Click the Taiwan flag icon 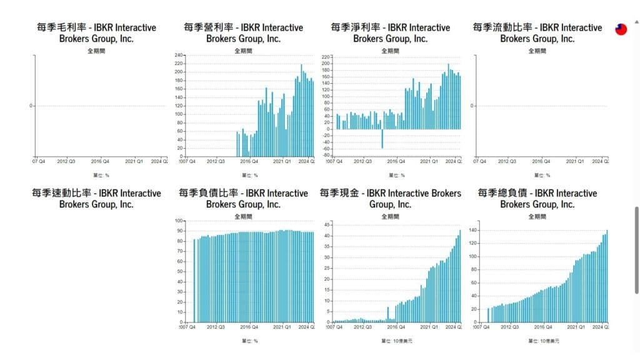coord(621,29)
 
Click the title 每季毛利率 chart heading coord(96,32)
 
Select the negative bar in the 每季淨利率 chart coord(382,139)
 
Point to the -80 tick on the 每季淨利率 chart coord(325,157)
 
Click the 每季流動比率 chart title coord(537,32)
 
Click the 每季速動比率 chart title coord(96,199)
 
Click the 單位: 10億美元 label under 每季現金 coord(397,341)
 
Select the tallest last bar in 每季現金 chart coord(460,276)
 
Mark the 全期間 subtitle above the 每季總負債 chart coord(537,217)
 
